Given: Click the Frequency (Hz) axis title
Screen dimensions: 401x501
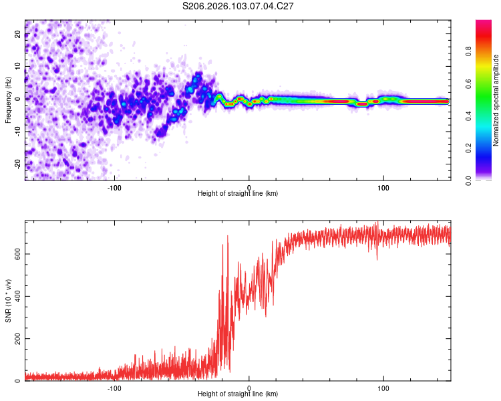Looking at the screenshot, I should [8, 98].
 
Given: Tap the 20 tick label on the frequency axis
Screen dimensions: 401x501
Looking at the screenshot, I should [18, 35].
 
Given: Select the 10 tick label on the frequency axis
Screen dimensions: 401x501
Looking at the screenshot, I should [18, 67].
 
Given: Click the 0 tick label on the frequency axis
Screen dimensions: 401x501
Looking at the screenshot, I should [19, 98].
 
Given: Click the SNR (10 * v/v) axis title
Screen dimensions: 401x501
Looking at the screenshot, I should [8, 301].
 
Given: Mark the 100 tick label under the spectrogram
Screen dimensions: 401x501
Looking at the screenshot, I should [383, 187].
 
